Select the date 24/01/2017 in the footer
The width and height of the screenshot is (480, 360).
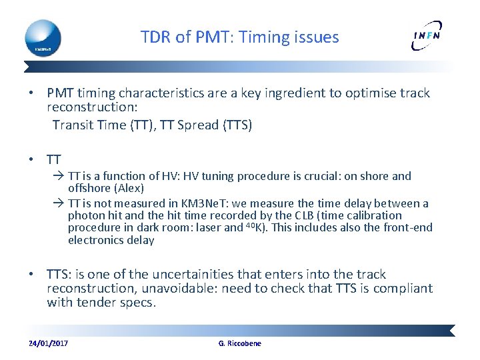(x=48, y=343)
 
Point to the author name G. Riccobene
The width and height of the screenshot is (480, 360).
(x=240, y=343)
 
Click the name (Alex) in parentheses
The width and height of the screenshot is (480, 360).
(x=128, y=189)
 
